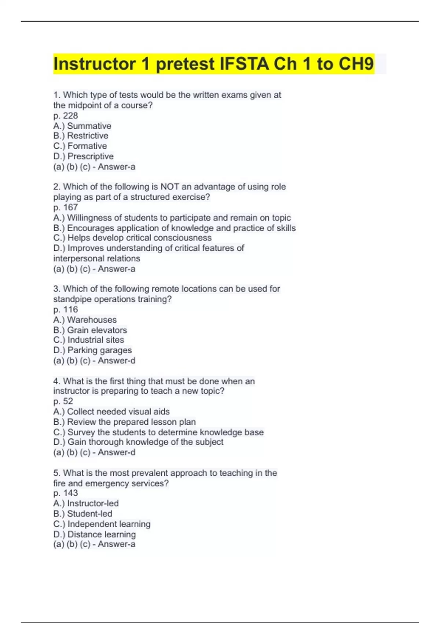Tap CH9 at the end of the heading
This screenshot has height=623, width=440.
(x=356, y=64)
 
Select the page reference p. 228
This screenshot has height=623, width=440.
(x=66, y=115)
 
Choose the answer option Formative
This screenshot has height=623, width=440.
(x=80, y=146)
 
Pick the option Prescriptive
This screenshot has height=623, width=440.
(x=84, y=156)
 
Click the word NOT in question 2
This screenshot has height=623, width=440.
(x=169, y=187)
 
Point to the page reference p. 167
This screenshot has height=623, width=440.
(x=66, y=207)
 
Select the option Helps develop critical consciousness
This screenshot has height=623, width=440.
(x=132, y=238)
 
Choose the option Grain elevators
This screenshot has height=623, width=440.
(x=90, y=330)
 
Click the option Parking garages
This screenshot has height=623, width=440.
(x=92, y=350)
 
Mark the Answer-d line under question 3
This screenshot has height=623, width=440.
(x=94, y=361)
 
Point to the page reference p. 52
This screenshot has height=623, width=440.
(x=63, y=401)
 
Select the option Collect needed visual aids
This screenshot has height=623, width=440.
(x=111, y=412)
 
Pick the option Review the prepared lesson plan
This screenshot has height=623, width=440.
(x=125, y=422)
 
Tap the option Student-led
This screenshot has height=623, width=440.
(x=83, y=513)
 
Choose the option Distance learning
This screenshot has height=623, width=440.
(x=95, y=534)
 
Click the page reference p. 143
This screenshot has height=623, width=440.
(x=66, y=493)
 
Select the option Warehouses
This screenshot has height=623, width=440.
(x=85, y=320)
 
